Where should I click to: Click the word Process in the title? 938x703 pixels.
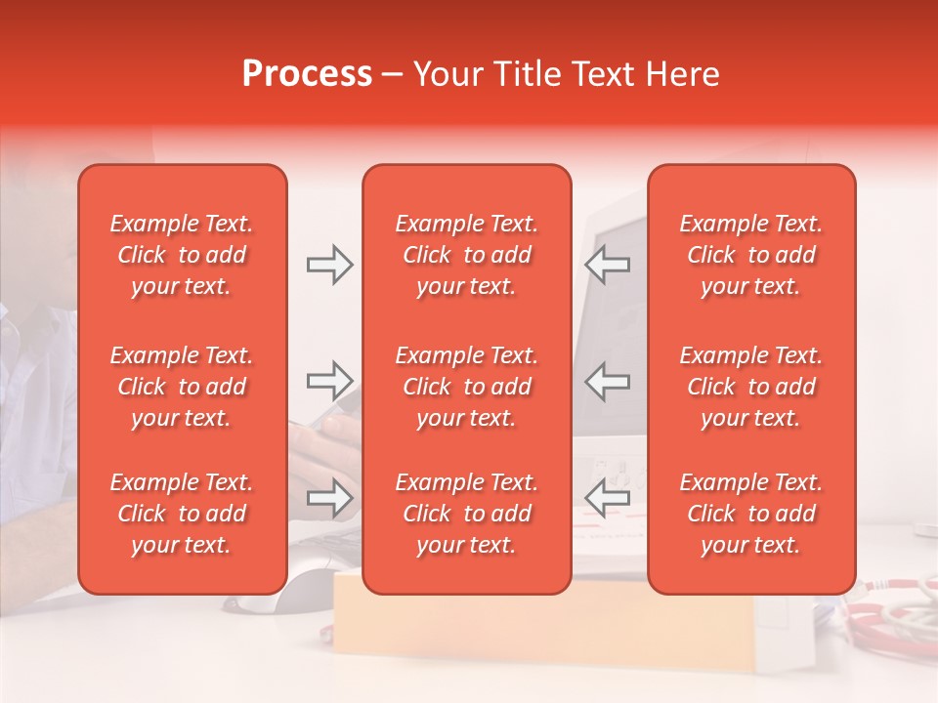tap(307, 74)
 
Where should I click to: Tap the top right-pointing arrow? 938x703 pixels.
tap(329, 265)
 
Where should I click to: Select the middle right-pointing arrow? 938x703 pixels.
tap(329, 381)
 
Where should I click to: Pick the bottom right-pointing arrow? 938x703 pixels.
tap(329, 498)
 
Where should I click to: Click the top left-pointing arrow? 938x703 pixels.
tap(608, 265)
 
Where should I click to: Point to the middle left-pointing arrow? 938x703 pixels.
tap(608, 381)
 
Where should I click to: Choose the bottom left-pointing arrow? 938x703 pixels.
tap(608, 498)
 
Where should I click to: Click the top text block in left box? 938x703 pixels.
tap(182, 255)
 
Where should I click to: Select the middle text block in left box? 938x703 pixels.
tap(182, 387)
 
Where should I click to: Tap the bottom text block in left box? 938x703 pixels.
tap(182, 514)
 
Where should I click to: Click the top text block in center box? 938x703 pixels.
tap(467, 255)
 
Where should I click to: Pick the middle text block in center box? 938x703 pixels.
tap(467, 387)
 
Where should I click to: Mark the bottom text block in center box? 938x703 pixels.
tap(467, 514)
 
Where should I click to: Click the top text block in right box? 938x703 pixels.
tap(751, 255)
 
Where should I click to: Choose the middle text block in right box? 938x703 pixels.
tap(751, 387)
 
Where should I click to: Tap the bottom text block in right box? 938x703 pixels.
tap(751, 514)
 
